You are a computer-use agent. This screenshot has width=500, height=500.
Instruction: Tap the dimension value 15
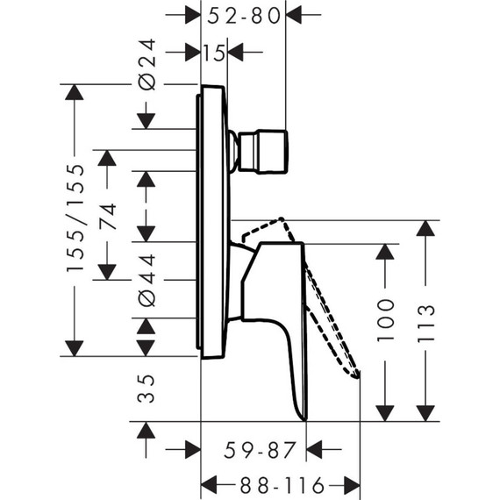tap(214, 53)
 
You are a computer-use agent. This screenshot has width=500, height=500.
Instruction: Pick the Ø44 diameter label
tap(146, 280)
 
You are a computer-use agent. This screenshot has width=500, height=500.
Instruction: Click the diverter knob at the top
tap(263, 150)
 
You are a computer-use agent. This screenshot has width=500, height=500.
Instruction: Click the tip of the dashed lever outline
tap(357, 375)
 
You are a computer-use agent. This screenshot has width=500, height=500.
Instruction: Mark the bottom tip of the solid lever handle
tap(304, 418)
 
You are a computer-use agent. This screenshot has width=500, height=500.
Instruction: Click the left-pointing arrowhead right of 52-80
tap(295, 15)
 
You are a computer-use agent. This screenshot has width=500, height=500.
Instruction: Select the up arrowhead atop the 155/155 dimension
tap(75, 92)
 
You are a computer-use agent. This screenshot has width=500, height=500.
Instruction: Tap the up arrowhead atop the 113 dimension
tap(425, 228)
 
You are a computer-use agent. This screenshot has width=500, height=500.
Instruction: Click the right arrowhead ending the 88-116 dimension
tap(352, 484)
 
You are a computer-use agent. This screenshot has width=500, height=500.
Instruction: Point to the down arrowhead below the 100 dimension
tap(384, 412)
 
